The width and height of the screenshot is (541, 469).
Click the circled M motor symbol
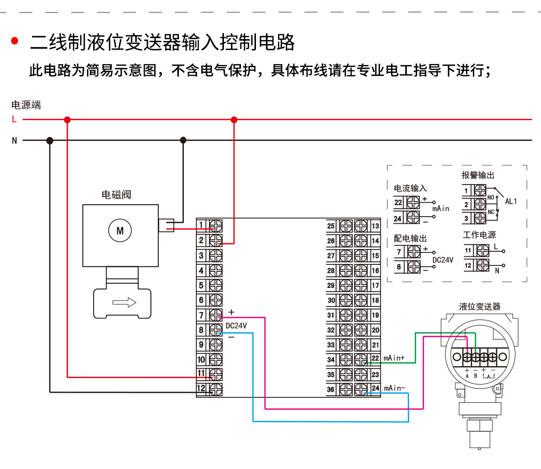(x=120, y=231)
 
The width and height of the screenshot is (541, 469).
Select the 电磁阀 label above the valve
(x=116, y=195)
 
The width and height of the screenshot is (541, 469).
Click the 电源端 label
(x=26, y=105)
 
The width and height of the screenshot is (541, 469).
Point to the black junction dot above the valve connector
(x=183, y=140)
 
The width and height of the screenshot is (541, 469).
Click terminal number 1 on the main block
(x=201, y=225)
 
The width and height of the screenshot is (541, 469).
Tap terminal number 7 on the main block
(x=201, y=315)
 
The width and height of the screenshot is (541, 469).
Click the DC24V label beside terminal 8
(x=236, y=326)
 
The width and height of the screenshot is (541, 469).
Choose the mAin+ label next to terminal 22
(x=394, y=358)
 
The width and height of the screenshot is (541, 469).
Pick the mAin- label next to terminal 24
(x=394, y=388)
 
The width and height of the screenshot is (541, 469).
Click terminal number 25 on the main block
(x=331, y=226)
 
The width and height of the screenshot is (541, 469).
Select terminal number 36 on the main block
(x=331, y=389)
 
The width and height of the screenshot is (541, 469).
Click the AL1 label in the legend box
(x=510, y=201)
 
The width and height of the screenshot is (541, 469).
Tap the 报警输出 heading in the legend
(x=478, y=175)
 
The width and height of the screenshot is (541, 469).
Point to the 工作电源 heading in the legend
(x=479, y=235)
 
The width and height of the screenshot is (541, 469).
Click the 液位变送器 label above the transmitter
(x=479, y=306)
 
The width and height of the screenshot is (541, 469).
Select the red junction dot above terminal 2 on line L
(x=233, y=119)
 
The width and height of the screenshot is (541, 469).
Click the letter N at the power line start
(x=15, y=141)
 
